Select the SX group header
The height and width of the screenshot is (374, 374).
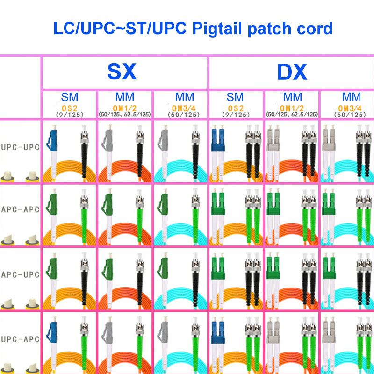pos(122,72)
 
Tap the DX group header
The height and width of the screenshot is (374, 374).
pos(292,72)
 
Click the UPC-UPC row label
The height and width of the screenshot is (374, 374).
pos(20,147)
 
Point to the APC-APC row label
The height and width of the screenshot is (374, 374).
pos(20,209)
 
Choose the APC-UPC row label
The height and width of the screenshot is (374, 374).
pos(20,274)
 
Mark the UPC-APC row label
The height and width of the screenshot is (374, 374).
pos(20,339)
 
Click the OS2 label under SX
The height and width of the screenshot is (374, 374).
pos(69,108)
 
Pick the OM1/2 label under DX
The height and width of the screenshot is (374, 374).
pos(292,108)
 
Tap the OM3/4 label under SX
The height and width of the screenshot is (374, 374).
pos(184,108)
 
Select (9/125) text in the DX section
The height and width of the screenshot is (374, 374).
pos(236,115)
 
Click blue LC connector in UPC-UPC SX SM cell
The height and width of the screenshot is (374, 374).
pos(53,140)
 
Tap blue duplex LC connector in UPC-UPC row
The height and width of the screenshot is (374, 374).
pos(218,138)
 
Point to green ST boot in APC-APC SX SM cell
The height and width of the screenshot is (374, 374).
pos(84,226)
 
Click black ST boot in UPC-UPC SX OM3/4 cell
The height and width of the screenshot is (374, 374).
pos(195,160)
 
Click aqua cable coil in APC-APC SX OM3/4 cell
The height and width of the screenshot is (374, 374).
pos(180,234)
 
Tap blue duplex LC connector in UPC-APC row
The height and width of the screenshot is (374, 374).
pos(218,331)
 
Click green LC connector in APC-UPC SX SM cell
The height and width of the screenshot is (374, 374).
pos(52,267)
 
